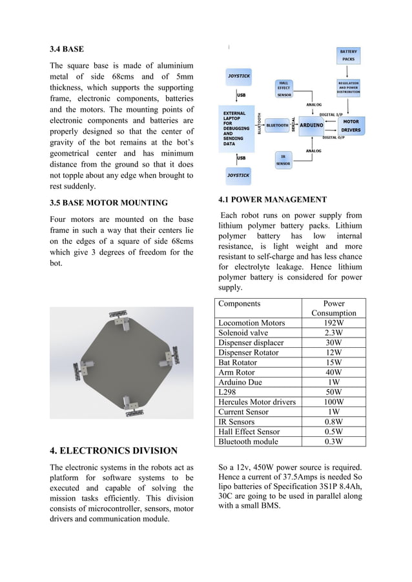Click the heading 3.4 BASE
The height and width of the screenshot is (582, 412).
[x=67, y=49]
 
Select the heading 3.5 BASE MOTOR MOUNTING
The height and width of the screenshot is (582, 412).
[x=108, y=203]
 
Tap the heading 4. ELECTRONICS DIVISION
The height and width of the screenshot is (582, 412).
[x=113, y=450]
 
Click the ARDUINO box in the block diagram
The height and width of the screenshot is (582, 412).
[x=311, y=125]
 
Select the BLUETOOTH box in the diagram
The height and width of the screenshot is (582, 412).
[x=277, y=125]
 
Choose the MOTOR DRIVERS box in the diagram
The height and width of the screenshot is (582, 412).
[x=351, y=125]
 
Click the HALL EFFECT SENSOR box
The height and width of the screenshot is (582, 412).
[x=284, y=88]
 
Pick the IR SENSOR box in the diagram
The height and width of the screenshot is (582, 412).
[x=282, y=160]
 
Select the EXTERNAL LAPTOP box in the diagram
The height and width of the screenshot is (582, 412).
[x=237, y=126]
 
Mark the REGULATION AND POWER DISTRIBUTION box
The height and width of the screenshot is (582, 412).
[x=349, y=87]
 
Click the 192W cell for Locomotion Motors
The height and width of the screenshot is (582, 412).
[x=333, y=323]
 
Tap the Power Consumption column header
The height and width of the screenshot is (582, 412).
[x=333, y=308]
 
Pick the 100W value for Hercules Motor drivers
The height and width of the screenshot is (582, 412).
[x=333, y=402]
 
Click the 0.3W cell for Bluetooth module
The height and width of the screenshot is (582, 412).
[x=333, y=441]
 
